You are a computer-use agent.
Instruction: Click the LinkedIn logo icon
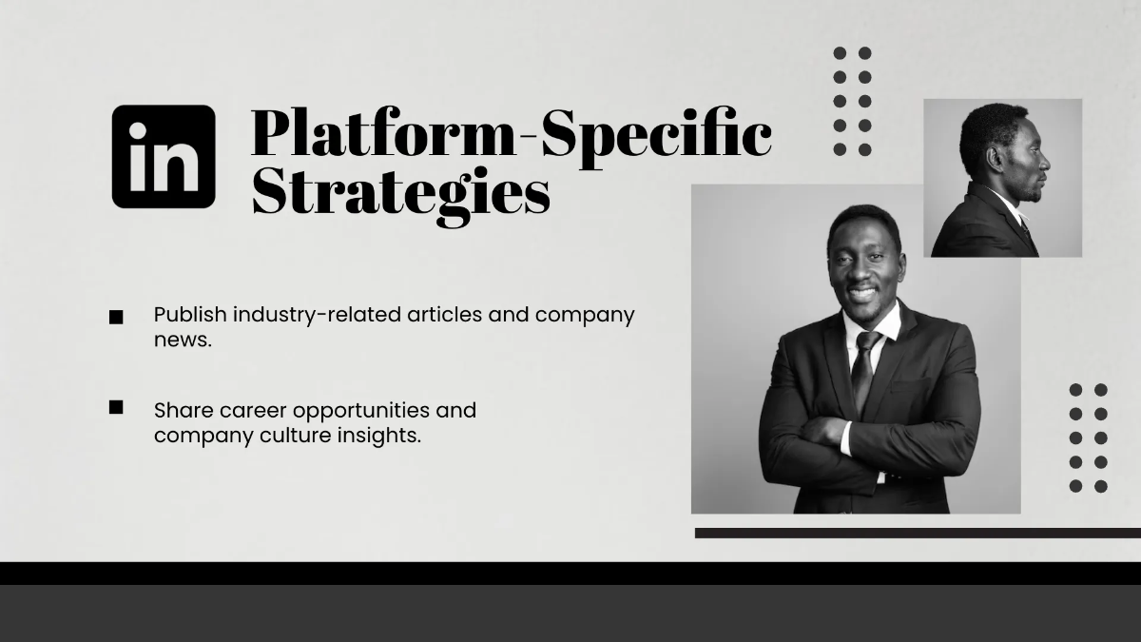[x=164, y=157]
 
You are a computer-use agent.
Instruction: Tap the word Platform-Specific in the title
[x=511, y=134]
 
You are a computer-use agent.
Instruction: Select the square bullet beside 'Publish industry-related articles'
[x=116, y=317]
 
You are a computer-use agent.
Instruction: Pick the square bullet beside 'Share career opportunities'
[x=116, y=407]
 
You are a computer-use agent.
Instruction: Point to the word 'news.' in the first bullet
[x=183, y=339]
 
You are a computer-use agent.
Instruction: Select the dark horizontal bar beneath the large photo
[x=918, y=533]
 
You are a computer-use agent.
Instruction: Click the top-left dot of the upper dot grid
[x=840, y=53]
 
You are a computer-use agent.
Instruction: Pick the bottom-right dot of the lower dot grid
[x=1101, y=486]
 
